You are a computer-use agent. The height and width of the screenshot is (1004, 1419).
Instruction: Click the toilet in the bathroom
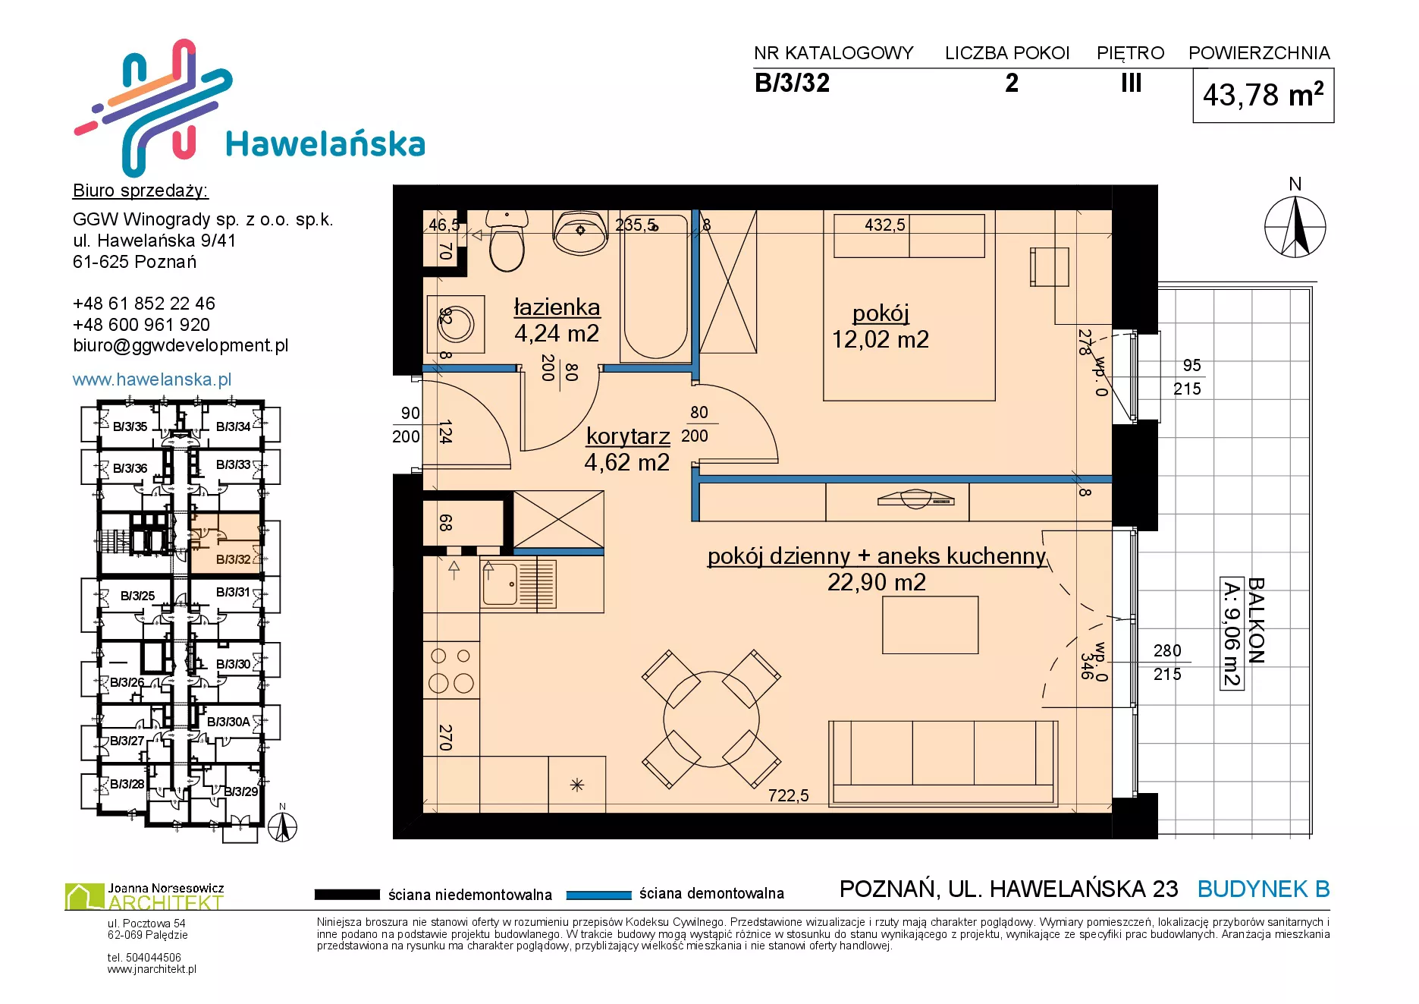pos(507,241)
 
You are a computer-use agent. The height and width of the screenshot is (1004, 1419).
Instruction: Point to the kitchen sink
pos(518,584)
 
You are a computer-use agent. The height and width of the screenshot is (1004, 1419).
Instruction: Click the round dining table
pos(711,719)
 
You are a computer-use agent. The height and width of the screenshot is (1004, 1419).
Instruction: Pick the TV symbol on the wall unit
pos(915,499)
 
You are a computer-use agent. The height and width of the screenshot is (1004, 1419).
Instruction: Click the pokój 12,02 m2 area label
pos(880,326)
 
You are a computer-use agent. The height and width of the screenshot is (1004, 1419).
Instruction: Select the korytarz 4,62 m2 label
pos(627,449)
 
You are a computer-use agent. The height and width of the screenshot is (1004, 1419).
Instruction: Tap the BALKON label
pos(1257,621)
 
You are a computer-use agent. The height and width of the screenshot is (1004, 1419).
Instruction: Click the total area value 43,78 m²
pos(1264,95)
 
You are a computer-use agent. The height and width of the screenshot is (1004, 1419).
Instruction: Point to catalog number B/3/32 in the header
pos(792,83)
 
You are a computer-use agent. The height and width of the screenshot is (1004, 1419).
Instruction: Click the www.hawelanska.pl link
pos(152,379)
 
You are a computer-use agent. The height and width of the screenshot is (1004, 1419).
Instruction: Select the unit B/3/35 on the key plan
pos(130,426)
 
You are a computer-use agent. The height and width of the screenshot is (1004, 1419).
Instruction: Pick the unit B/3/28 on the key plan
pos(127,784)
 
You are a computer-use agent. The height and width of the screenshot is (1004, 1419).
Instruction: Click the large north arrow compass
pos(1295,226)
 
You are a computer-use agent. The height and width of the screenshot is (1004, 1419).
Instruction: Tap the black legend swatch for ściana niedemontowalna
pos(347,895)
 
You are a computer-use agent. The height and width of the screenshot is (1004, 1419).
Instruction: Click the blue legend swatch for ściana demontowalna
pos(599,895)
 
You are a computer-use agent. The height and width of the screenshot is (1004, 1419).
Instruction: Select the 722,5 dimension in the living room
pos(788,795)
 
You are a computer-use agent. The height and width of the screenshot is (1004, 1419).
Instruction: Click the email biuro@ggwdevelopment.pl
pos(181,346)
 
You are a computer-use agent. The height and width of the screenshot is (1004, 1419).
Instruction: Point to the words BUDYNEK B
pos(1264,889)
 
